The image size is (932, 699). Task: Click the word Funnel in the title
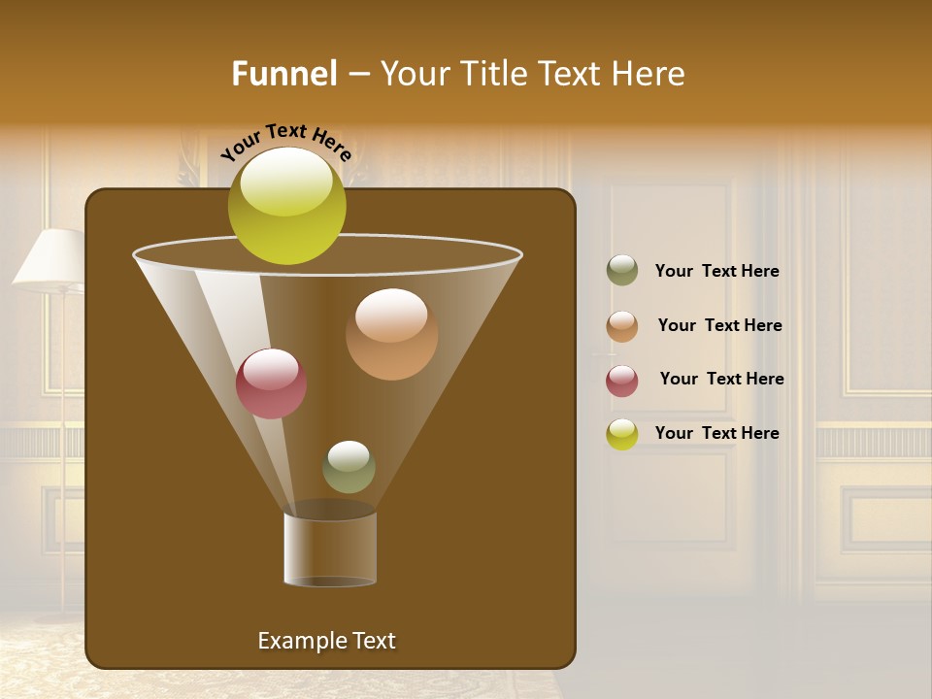point(284,74)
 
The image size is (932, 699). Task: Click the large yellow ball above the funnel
point(286,205)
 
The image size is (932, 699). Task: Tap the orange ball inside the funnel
point(391,334)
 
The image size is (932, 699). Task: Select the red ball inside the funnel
point(271,383)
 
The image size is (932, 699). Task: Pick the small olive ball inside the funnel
point(349,467)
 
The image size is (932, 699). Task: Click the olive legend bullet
point(622,271)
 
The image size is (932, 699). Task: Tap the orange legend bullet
point(622,326)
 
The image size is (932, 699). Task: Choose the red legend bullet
point(622,381)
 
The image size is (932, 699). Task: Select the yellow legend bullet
point(622,434)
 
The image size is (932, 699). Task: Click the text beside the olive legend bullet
point(716,272)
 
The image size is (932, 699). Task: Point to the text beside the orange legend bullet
point(719,326)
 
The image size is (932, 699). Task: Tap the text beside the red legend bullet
point(721,380)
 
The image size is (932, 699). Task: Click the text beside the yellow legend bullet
point(716,434)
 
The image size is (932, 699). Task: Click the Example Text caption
point(326,641)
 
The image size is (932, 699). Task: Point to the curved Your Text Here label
point(285,142)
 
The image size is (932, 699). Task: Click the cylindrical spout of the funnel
point(330,549)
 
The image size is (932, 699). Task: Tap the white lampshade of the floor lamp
point(50,258)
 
